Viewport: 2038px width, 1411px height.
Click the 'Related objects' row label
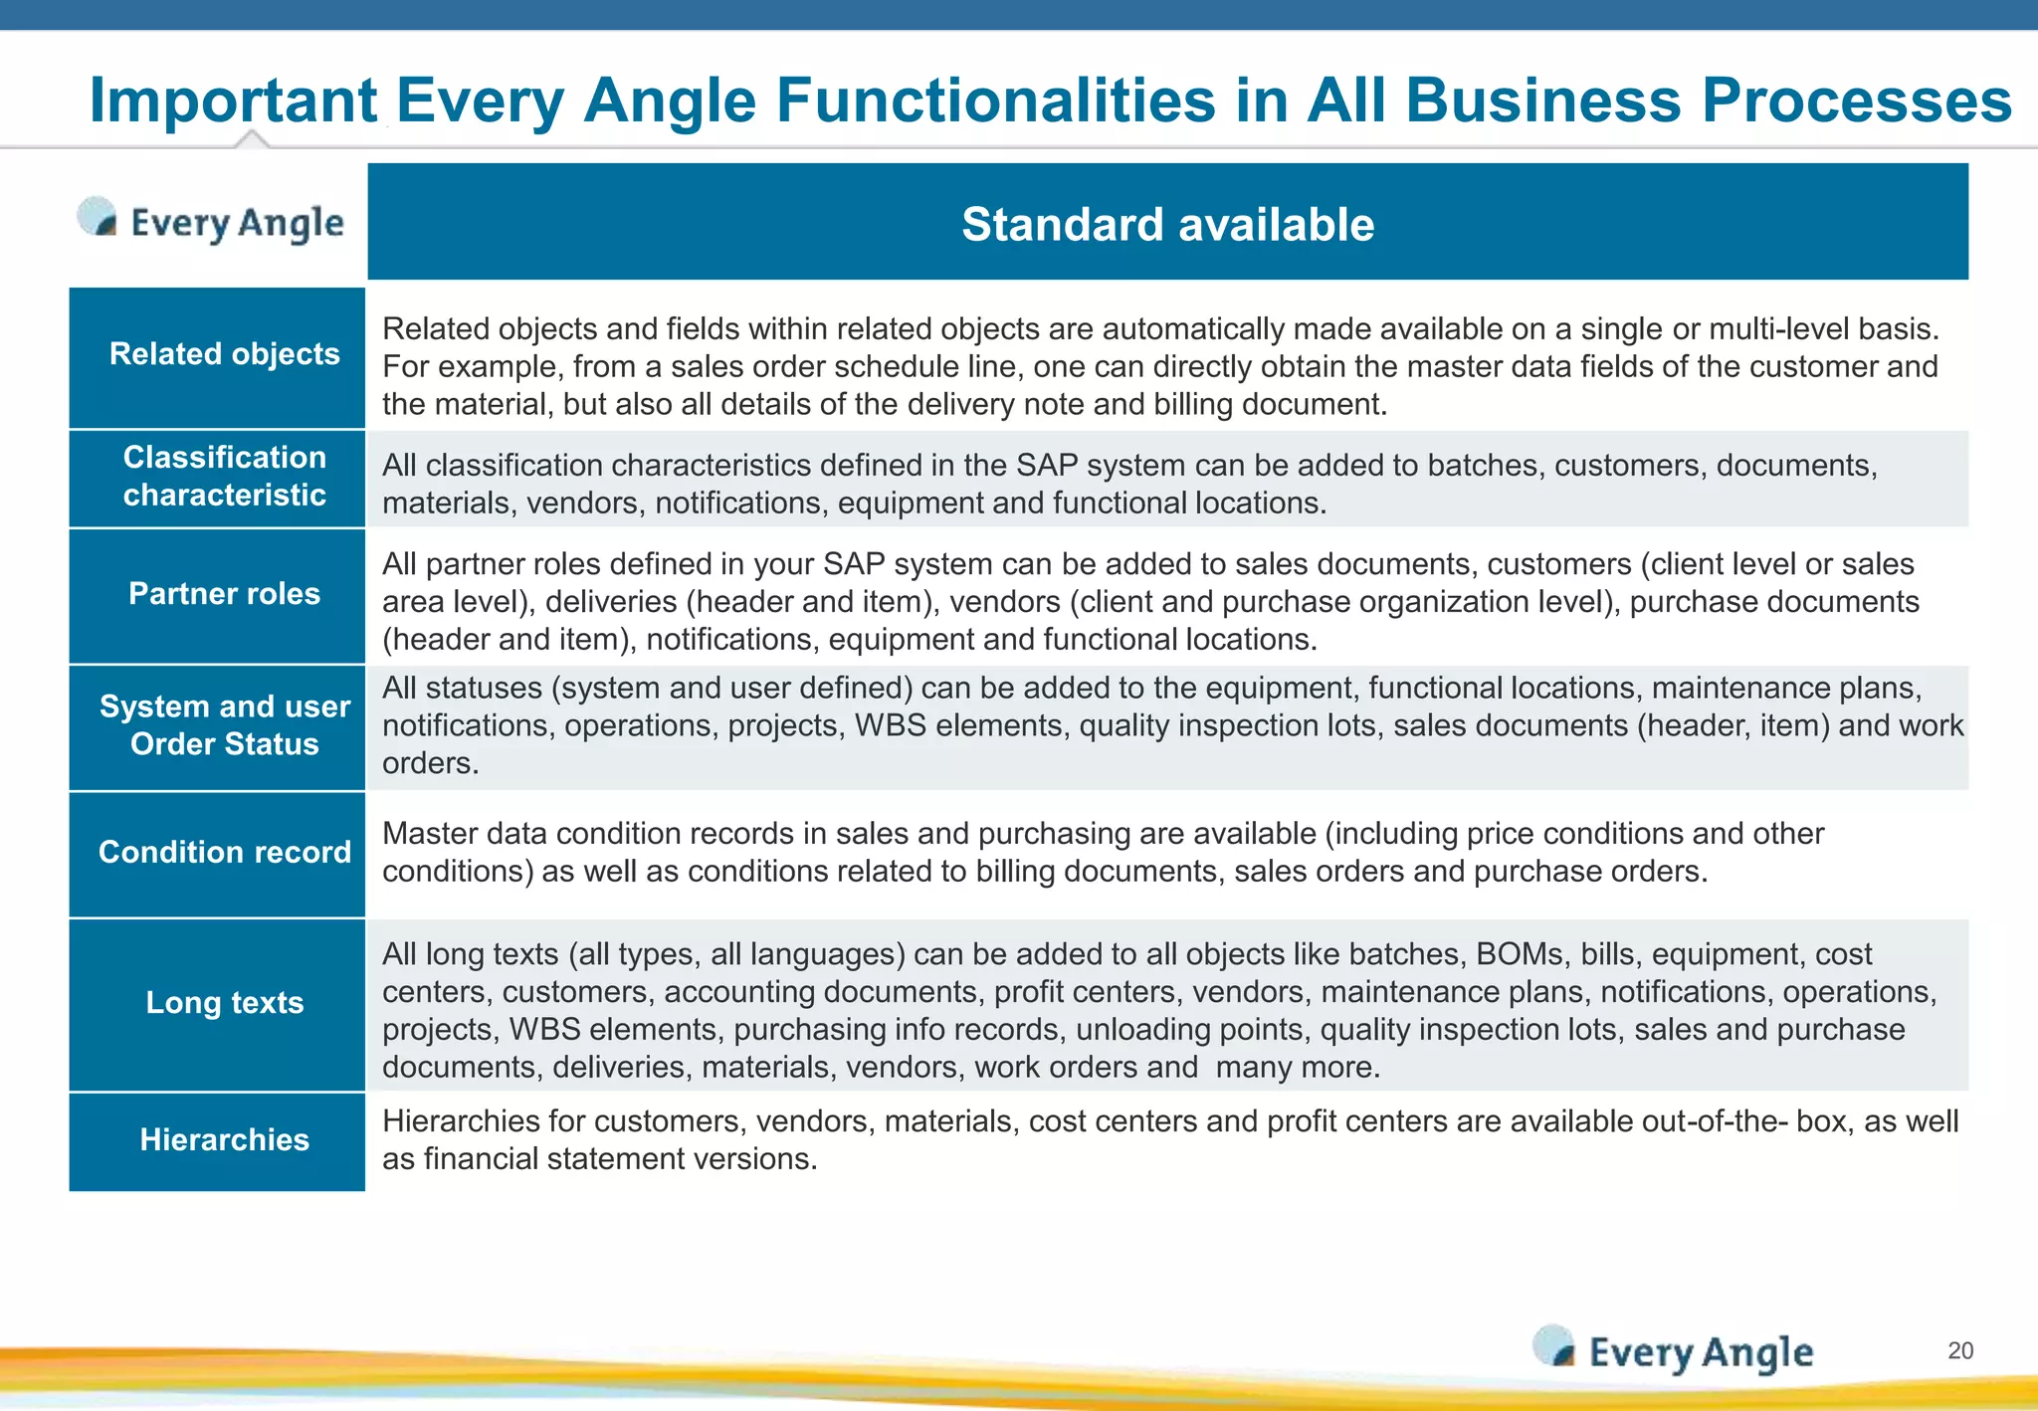click(x=224, y=354)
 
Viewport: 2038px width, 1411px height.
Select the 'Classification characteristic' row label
click(x=224, y=476)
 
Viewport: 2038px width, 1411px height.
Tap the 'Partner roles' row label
click(x=224, y=594)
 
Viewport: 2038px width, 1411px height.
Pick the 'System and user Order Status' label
click(x=224, y=725)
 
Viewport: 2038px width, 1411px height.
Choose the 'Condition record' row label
click(x=224, y=852)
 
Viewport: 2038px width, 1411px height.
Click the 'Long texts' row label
click(x=224, y=1002)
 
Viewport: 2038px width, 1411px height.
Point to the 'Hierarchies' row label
click(x=224, y=1139)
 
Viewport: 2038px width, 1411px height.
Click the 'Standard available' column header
click(x=1167, y=224)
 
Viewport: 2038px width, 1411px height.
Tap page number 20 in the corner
click(x=1959, y=1350)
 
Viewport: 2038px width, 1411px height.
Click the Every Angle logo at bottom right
click(x=1674, y=1351)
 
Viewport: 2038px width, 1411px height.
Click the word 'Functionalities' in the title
click(x=995, y=101)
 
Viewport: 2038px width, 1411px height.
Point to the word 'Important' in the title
click(x=233, y=101)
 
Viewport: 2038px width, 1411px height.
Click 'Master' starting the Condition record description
click(x=431, y=834)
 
